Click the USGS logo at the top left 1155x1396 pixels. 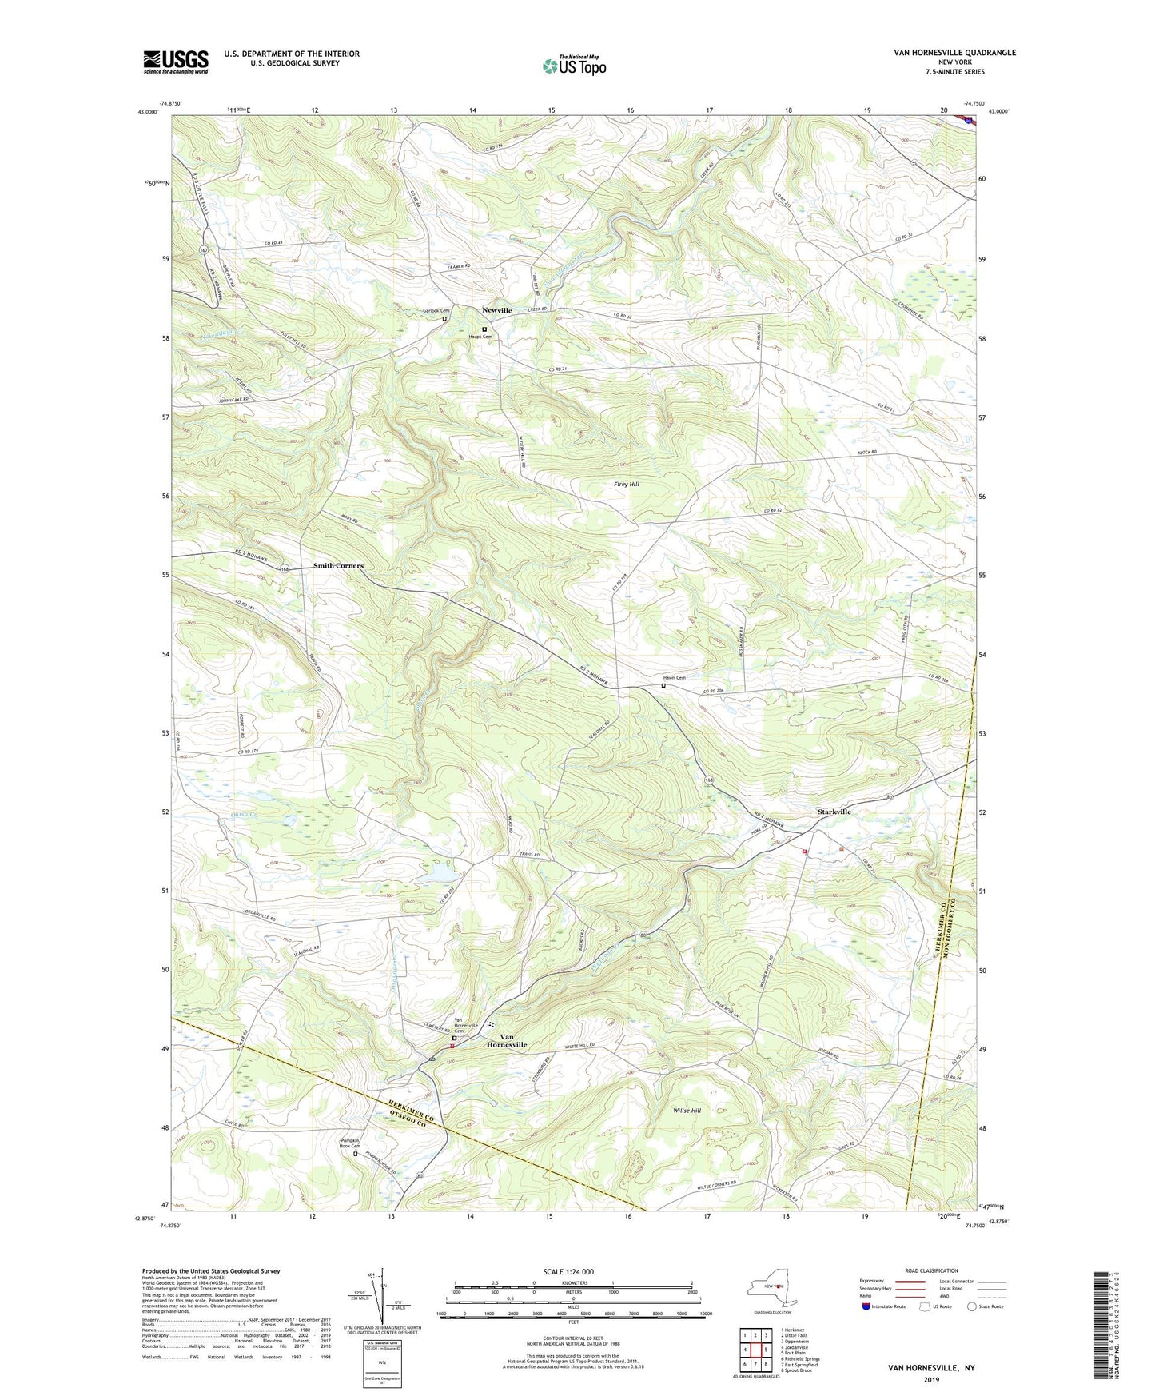click(x=176, y=62)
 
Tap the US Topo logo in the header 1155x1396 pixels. click(x=573, y=66)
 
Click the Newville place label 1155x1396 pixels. click(x=496, y=310)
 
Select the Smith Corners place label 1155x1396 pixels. click(x=338, y=565)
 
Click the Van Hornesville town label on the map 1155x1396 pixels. click(x=507, y=1040)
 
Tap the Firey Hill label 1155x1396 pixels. click(x=626, y=485)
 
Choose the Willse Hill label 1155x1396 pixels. click(x=687, y=1111)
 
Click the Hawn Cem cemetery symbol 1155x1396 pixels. click(x=663, y=685)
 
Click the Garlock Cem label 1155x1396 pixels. click(x=436, y=311)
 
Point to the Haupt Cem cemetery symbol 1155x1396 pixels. click(x=484, y=329)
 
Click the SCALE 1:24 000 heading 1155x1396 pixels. click(x=568, y=1272)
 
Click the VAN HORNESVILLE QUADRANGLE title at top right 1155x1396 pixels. click(x=955, y=53)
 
